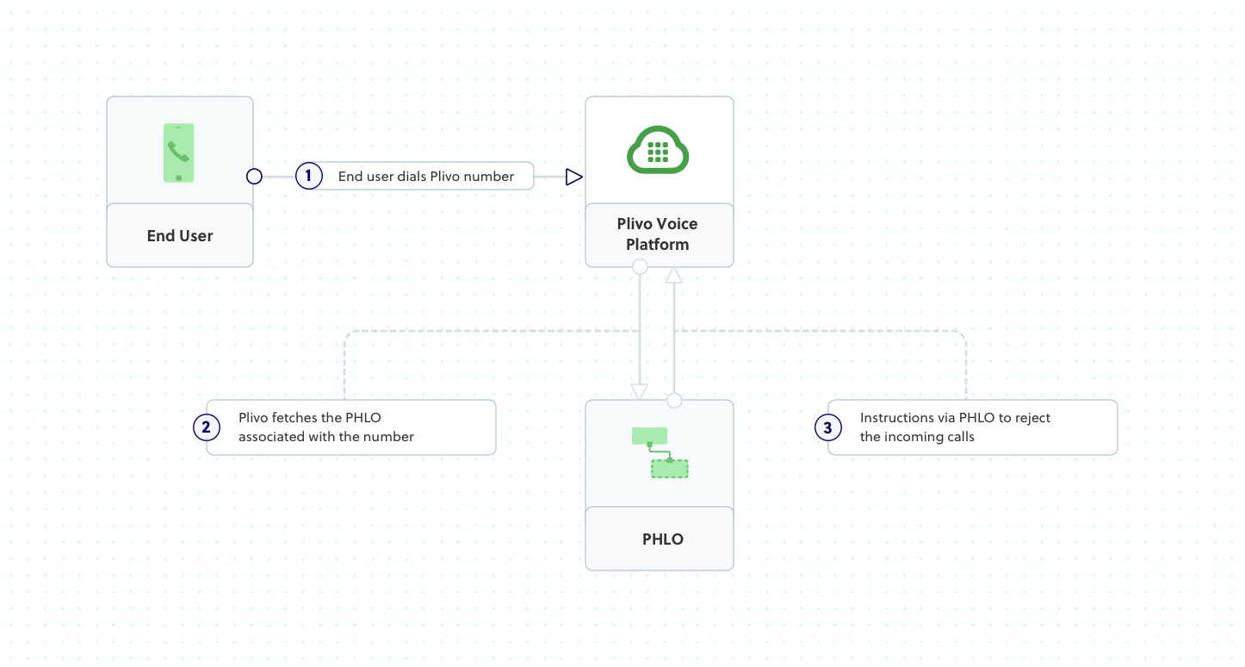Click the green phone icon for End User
[178, 153]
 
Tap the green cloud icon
[658, 152]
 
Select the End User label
[180, 236]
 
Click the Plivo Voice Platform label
[658, 234]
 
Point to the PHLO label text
[662, 539]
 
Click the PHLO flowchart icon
[660, 452]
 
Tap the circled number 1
[308, 177]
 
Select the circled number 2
[207, 427]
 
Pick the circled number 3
[827, 427]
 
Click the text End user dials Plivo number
[426, 177]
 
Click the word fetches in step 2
[294, 418]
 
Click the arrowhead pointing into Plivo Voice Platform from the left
[574, 177]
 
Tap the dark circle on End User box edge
[254, 177]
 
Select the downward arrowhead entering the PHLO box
[639, 391]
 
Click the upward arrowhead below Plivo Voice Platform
[674, 275]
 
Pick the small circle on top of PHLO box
[674, 401]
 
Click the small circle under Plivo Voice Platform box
[640, 267]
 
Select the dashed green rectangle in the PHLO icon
[669, 469]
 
